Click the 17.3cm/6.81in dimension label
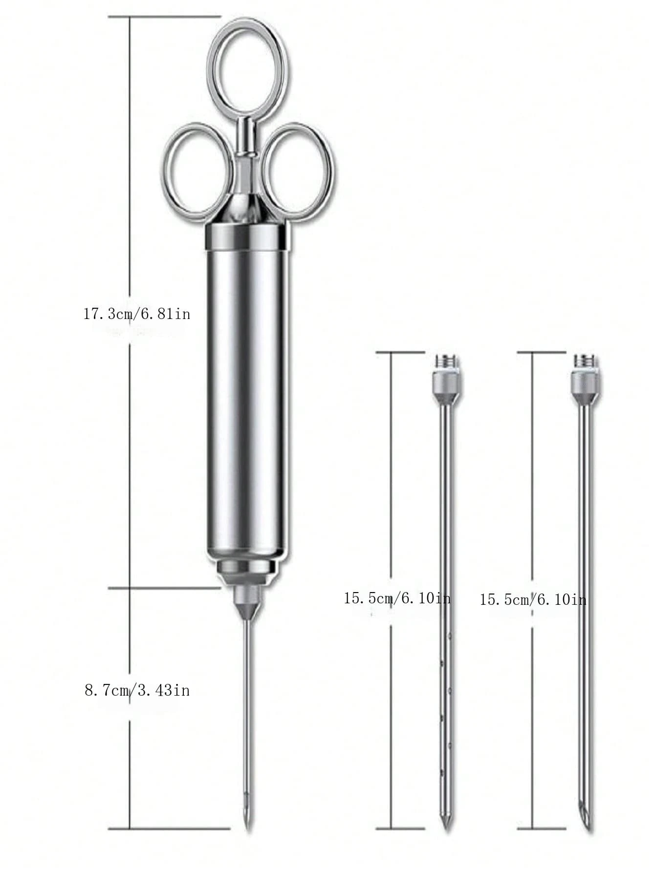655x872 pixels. click(137, 314)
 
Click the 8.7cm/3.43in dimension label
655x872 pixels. click(137, 690)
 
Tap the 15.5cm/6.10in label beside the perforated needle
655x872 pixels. click(397, 598)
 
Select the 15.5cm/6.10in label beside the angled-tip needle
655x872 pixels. click(533, 599)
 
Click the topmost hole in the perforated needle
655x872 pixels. click(449, 637)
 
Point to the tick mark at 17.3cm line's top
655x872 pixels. click(164, 17)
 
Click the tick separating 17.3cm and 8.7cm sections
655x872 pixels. click(164, 588)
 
